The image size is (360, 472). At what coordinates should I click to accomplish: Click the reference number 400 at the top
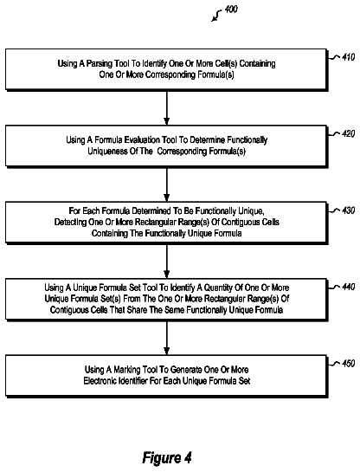231,10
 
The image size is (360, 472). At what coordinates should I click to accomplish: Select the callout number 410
349,57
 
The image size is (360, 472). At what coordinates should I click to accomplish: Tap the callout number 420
349,133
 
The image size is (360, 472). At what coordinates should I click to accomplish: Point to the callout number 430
349,210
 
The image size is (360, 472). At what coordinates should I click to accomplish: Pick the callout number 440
349,287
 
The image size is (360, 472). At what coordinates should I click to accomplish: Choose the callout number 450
349,364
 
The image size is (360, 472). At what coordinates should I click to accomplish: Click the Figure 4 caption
167,458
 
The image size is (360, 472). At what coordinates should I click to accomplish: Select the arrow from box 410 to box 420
167,107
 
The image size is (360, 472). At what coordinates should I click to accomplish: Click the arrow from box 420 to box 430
167,184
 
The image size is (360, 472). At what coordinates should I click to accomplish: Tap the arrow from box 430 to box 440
167,261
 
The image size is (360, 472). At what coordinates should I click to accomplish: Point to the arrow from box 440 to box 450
167,338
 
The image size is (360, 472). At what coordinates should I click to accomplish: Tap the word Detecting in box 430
71,223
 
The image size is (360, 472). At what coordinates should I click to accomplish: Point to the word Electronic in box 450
100,381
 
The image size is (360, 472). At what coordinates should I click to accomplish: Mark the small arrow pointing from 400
216,16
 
